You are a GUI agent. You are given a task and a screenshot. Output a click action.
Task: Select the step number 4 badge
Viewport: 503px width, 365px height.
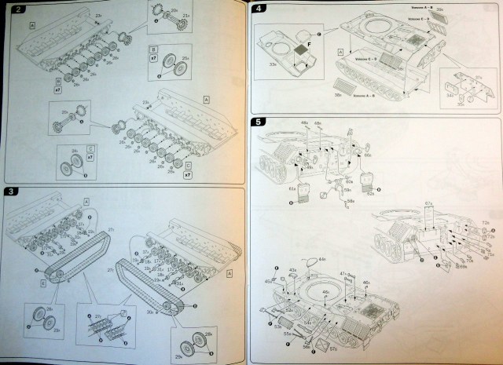(260, 9)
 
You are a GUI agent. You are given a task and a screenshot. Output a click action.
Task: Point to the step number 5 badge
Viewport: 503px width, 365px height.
(260, 122)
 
